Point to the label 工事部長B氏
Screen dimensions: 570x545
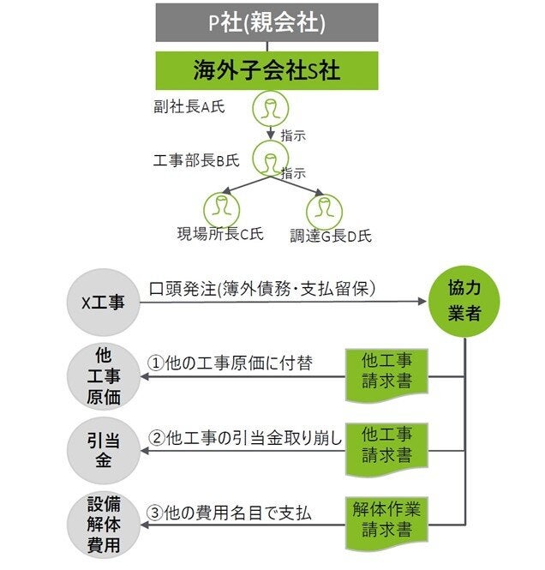(x=192, y=159)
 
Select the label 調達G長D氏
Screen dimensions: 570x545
(x=330, y=235)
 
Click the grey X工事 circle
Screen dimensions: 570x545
(x=104, y=302)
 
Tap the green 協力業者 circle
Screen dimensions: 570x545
(x=465, y=302)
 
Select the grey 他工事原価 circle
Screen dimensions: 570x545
(x=104, y=375)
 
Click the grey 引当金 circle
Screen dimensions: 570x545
(x=104, y=449)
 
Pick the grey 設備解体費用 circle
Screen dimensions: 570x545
(x=104, y=522)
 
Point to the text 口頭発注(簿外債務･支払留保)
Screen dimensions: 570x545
(x=262, y=288)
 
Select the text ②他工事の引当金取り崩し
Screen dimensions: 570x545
(x=245, y=437)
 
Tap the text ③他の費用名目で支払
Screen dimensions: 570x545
(x=230, y=513)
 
